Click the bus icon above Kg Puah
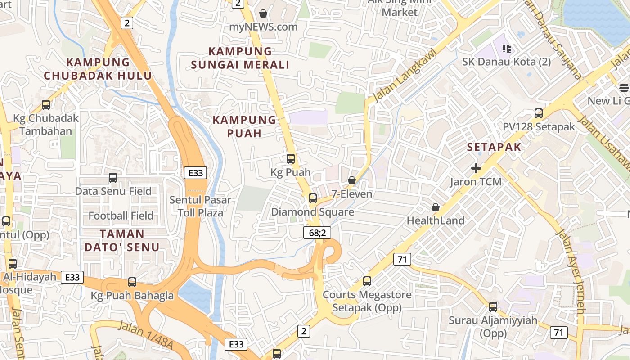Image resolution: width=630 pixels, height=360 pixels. [x=291, y=159]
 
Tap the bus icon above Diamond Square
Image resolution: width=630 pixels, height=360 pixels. [x=313, y=198]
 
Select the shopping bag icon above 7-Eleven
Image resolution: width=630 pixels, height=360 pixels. [x=352, y=180]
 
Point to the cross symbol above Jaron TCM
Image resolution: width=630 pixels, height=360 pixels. [x=476, y=168]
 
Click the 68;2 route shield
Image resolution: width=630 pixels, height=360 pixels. [x=317, y=232]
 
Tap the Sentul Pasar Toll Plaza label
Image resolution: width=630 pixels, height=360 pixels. [x=200, y=206]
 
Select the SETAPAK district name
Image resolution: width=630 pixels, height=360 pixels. [x=494, y=147]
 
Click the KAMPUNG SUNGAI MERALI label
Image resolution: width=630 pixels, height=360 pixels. [x=240, y=58]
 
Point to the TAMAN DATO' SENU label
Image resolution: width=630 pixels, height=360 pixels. [x=122, y=240]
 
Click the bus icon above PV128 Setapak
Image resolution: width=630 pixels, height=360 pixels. [x=539, y=113]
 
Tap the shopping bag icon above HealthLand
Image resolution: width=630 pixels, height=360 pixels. [x=436, y=207]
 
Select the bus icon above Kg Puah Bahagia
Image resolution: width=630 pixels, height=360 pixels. [x=132, y=282]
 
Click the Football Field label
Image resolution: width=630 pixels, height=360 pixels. [x=121, y=216]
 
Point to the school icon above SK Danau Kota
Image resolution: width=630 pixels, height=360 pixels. [x=507, y=48]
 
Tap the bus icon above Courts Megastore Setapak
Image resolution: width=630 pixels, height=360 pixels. [x=367, y=281]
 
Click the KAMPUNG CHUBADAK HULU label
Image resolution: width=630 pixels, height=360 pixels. [x=98, y=69]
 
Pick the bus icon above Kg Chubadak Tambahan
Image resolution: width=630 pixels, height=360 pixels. [x=46, y=105]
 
